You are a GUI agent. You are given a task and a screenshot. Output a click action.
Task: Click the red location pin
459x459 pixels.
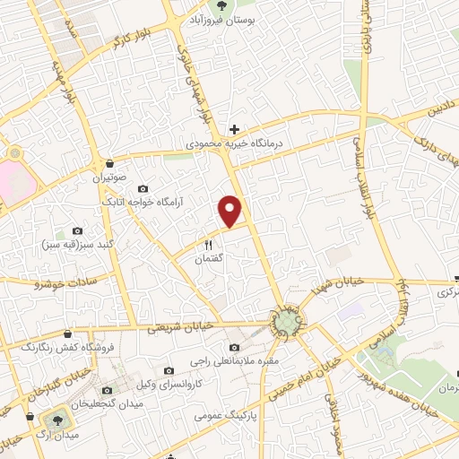click(x=231, y=211)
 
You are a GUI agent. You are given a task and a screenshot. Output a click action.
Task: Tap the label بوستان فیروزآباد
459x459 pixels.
click(x=232, y=18)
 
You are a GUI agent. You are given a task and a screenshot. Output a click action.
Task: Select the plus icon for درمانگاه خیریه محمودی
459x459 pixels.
click(x=234, y=129)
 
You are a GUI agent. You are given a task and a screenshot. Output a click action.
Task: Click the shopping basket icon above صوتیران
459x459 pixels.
click(x=109, y=164)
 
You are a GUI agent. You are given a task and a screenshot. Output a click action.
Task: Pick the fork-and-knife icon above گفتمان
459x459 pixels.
click(x=209, y=244)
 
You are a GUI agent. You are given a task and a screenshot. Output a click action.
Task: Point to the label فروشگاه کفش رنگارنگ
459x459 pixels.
click(x=53, y=346)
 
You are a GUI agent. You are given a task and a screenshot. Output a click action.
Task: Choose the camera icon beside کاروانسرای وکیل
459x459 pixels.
click(x=169, y=370)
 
